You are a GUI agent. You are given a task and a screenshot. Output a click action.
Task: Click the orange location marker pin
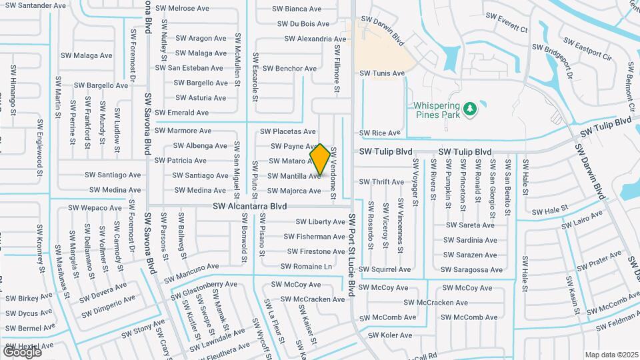point(319,159)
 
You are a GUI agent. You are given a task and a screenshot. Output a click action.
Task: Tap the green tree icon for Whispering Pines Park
point(471,109)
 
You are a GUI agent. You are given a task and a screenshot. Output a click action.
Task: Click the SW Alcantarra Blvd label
point(249,207)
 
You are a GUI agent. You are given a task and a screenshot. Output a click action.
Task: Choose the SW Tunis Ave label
point(382,73)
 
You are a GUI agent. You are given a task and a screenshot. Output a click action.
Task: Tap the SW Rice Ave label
point(380,133)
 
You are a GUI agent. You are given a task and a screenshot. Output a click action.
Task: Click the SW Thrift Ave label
point(381,182)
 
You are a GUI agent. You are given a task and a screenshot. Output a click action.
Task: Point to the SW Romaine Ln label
point(306,266)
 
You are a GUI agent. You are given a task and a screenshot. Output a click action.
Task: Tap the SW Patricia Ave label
point(180,161)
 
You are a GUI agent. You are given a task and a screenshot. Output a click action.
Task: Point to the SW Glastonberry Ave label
point(204,288)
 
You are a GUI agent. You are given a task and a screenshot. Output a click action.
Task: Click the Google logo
point(22,351)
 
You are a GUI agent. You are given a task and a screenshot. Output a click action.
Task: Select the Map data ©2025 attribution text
point(611,355)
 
